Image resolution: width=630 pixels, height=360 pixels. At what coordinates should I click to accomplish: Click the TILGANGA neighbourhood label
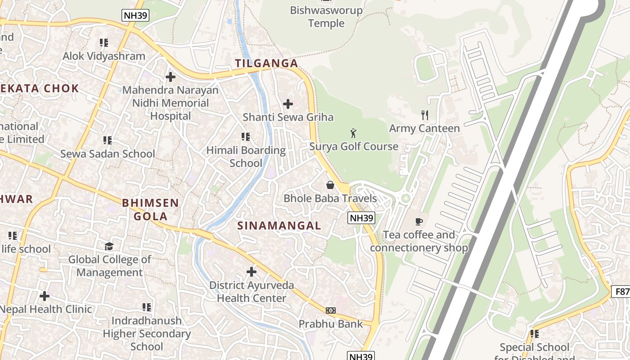(266, 63)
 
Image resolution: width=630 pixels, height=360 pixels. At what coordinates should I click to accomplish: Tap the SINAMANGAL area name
(279, 226)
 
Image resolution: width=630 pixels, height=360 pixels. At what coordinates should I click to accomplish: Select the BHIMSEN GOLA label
(151, 210)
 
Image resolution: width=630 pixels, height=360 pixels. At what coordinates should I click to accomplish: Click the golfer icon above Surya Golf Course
(353, 133)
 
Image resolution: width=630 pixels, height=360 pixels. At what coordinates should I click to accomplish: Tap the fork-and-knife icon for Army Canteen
(424, 115)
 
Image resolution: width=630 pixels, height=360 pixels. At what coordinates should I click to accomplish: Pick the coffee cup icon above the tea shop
(418, 221)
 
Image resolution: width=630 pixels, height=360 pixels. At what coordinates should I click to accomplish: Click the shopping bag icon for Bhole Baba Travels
(330, 185)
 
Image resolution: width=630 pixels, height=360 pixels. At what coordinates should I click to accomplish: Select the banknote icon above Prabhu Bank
(331, 310)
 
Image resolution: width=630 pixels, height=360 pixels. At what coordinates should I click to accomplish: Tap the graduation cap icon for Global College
(109, 246)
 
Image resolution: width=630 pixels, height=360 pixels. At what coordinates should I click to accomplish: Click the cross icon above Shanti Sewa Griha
(288, 104)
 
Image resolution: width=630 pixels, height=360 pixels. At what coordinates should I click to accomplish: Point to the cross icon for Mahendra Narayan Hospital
(170, 77)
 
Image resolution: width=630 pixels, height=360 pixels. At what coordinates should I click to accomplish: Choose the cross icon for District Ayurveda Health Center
(252, 272)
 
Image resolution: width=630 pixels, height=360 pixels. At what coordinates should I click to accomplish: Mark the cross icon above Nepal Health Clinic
(44, 296)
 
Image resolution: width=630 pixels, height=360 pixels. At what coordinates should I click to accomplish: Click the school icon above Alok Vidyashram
(104, 43)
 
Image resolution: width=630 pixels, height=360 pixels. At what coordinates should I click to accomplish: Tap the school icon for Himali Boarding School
(245, 136)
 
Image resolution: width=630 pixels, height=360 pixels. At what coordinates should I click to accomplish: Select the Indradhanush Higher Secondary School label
(147, 333)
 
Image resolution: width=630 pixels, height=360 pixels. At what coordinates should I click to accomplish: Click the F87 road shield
(621, 292)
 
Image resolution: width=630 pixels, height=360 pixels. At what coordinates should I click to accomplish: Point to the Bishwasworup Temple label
(326, 17)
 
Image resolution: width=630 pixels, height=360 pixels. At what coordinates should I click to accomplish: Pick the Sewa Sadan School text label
(108, 154)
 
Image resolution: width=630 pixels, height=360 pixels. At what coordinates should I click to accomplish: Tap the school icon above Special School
(534, 334)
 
